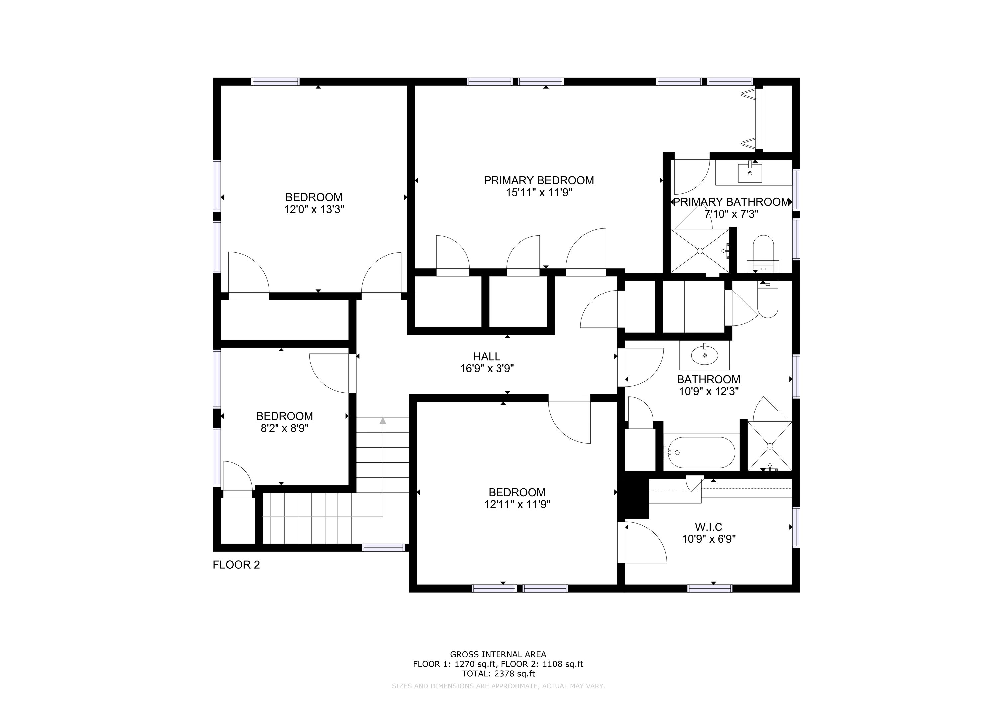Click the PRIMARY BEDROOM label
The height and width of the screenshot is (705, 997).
pos(538,180)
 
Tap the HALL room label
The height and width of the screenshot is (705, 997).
pos(486,357)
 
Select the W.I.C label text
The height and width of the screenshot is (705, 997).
pos(709,527)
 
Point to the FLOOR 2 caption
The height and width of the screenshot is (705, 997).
pos(236,565)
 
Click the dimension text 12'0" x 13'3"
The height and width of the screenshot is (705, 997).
pos(314,210)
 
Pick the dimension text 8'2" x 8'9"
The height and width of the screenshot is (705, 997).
pos(284,429)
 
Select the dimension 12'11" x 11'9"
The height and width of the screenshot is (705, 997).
pos(517,504)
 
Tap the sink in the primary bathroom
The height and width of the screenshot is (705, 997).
pos(750,173)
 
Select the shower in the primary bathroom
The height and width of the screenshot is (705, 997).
pos(700,251)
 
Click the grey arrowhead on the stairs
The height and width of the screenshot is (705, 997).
pos(383,420)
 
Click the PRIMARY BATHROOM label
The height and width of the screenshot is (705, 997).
pos(731,202)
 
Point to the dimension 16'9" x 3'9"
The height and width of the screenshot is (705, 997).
pos(487,369)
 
